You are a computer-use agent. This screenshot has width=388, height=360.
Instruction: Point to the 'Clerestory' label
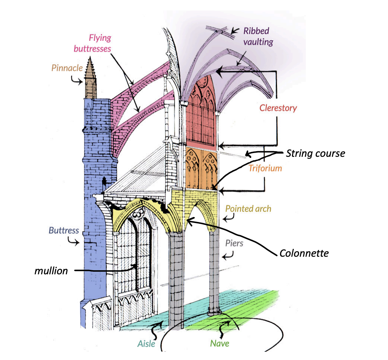(278, 108)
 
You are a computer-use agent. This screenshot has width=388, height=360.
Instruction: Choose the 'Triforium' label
(265, 168)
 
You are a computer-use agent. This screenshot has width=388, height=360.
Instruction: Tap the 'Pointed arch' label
(248, 209)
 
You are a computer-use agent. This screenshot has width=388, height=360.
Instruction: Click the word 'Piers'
(234, 243)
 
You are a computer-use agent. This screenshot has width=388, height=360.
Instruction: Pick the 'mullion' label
(52, 270)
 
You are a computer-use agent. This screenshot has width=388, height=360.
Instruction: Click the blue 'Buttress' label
(64, 230)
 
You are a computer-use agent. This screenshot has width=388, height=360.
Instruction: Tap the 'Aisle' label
(147, 343)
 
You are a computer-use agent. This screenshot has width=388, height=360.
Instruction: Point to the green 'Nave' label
(219, 343)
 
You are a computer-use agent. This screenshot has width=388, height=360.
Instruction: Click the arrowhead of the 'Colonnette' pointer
(188, 222)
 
